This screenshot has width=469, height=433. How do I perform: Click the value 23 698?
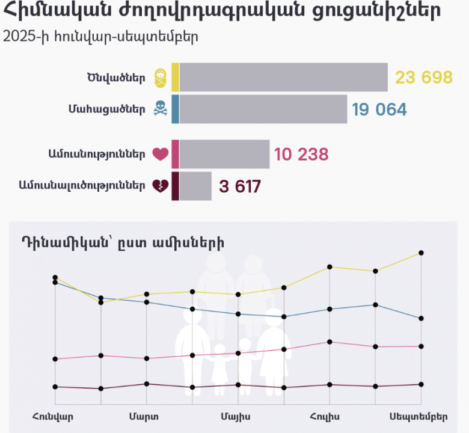pos(423,78)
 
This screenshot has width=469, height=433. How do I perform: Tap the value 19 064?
pos(379,109)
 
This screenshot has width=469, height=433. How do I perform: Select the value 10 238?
pos(301,155)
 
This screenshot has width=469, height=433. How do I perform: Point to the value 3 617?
pos(240,186)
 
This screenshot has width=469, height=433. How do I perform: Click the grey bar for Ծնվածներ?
pos(283,78)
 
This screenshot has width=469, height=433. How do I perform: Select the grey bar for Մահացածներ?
pos(263,109)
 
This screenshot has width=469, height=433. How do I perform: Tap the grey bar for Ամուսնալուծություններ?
pos(195,186)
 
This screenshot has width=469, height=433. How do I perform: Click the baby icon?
pos(160,77)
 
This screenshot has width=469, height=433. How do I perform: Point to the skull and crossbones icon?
pos(160,109)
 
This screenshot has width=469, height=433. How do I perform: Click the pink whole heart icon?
pos(160,155)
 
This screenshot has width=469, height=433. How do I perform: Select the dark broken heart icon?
pos(160,186)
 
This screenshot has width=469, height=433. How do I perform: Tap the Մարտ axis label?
pos(144,416)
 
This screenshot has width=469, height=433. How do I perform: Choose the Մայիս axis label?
pos(236,416)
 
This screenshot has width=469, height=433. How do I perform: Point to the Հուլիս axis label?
pos(326,416)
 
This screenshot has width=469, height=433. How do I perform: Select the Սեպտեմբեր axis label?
pos(418,416)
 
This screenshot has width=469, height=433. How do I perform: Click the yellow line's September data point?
pos(421,253)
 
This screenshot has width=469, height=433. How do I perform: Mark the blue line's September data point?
pos(421,318)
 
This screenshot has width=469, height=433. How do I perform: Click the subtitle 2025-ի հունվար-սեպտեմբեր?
pos(100,36)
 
